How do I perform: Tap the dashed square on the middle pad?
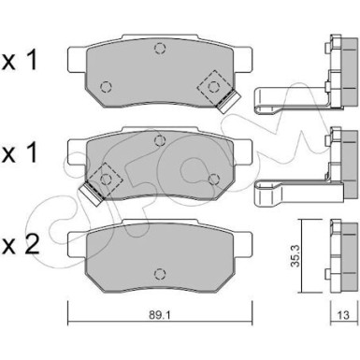pyautogui.click(x=105, y=174)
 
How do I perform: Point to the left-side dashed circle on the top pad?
pyautogui.click(x=106, y=88)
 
